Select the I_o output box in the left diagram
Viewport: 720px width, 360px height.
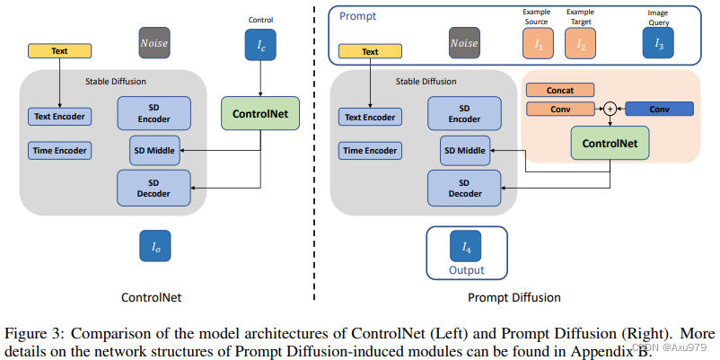pyautogui.click(x=154, y=245)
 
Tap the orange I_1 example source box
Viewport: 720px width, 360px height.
pyautogui.click(x=537, y=42)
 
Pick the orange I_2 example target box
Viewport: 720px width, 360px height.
pyautogui.click(x=580, y=42)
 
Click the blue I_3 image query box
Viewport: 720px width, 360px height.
pyautogui.click(x=658, y=42)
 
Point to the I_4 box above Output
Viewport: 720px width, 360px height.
pyautogui.click(x=466, y=246)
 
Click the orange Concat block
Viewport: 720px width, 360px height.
pyautogui.click(x=559, y=90)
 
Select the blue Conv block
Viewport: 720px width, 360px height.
pyautogui.click(x=659, y=109)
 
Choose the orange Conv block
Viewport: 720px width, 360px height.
pyautogui.click(x=559, y=109)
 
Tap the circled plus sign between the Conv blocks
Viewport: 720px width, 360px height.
pyautogui.click(x=610, y=109)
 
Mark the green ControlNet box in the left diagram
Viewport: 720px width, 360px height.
pyautogui.click(x=260, y=115)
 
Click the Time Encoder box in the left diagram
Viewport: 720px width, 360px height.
pyautogui.click(x=59, y=151)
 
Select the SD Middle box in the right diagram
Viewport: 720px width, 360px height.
pyautogui.click(x=464, y=151)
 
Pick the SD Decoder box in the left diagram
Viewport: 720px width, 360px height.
pyautogui.click(x=154, y=186)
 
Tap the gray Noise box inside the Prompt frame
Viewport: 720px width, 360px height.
pyautogui.click(x=464, y=42)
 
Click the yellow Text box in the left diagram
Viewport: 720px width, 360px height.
pyautogui.click(x=59, y=52)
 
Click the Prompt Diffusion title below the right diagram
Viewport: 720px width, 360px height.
pyautogui.click(x=514, y=296)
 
